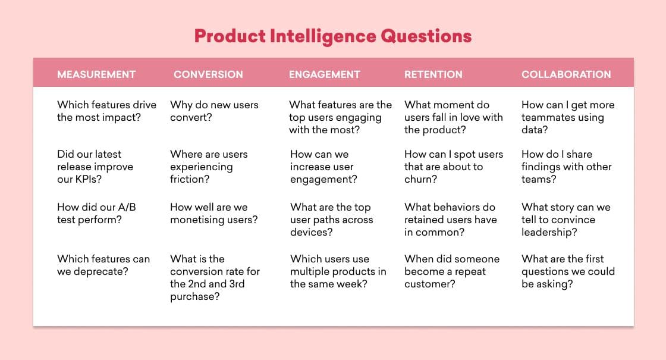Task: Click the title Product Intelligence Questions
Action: click(333, 36)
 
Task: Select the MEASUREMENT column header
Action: click(96, 74)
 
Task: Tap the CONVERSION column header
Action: click(208, 74)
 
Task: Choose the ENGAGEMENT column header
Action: click(325, 74)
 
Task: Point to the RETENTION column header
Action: click(433, 74)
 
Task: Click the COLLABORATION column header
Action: click(566, 74)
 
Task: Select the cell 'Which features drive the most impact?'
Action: click(106, 111)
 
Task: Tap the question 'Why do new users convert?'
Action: click(214, 111)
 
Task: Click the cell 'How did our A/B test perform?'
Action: click(96, 214)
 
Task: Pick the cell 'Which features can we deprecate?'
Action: click(103, 265)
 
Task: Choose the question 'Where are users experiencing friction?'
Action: click(209, 167)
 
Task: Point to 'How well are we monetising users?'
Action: click(214, 214)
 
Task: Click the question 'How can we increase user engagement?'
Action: click(323, 167)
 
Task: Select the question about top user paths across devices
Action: click(331, 220)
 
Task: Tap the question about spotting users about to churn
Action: click(453, 167)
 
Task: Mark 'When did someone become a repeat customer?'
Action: click(452, 271)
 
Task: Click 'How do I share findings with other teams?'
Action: click(566, 167)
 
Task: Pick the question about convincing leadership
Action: click(566, 220)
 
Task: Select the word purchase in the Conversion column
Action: click(194, 296)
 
